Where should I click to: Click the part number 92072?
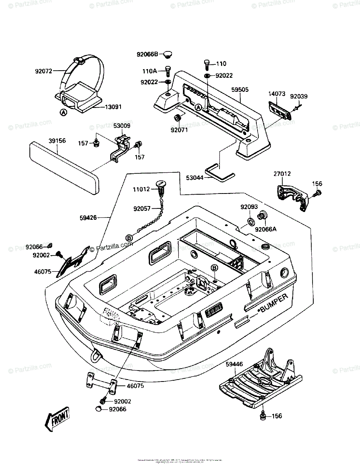pos(44,71)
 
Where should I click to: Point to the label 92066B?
pos(147,55)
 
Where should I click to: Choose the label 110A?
pos(149,71)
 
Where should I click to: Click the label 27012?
pos(282,173)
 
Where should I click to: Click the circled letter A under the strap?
pos(63,113)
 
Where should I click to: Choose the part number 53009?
pos(122,126)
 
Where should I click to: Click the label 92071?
pos(179,130)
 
